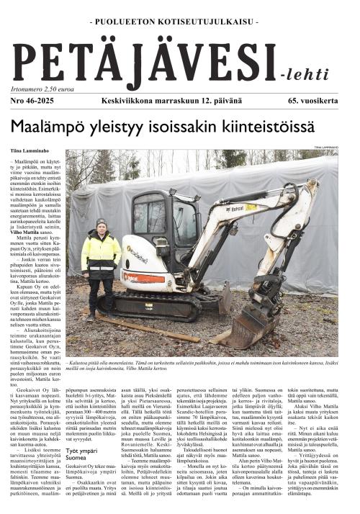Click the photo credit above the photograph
pos(339,148)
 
